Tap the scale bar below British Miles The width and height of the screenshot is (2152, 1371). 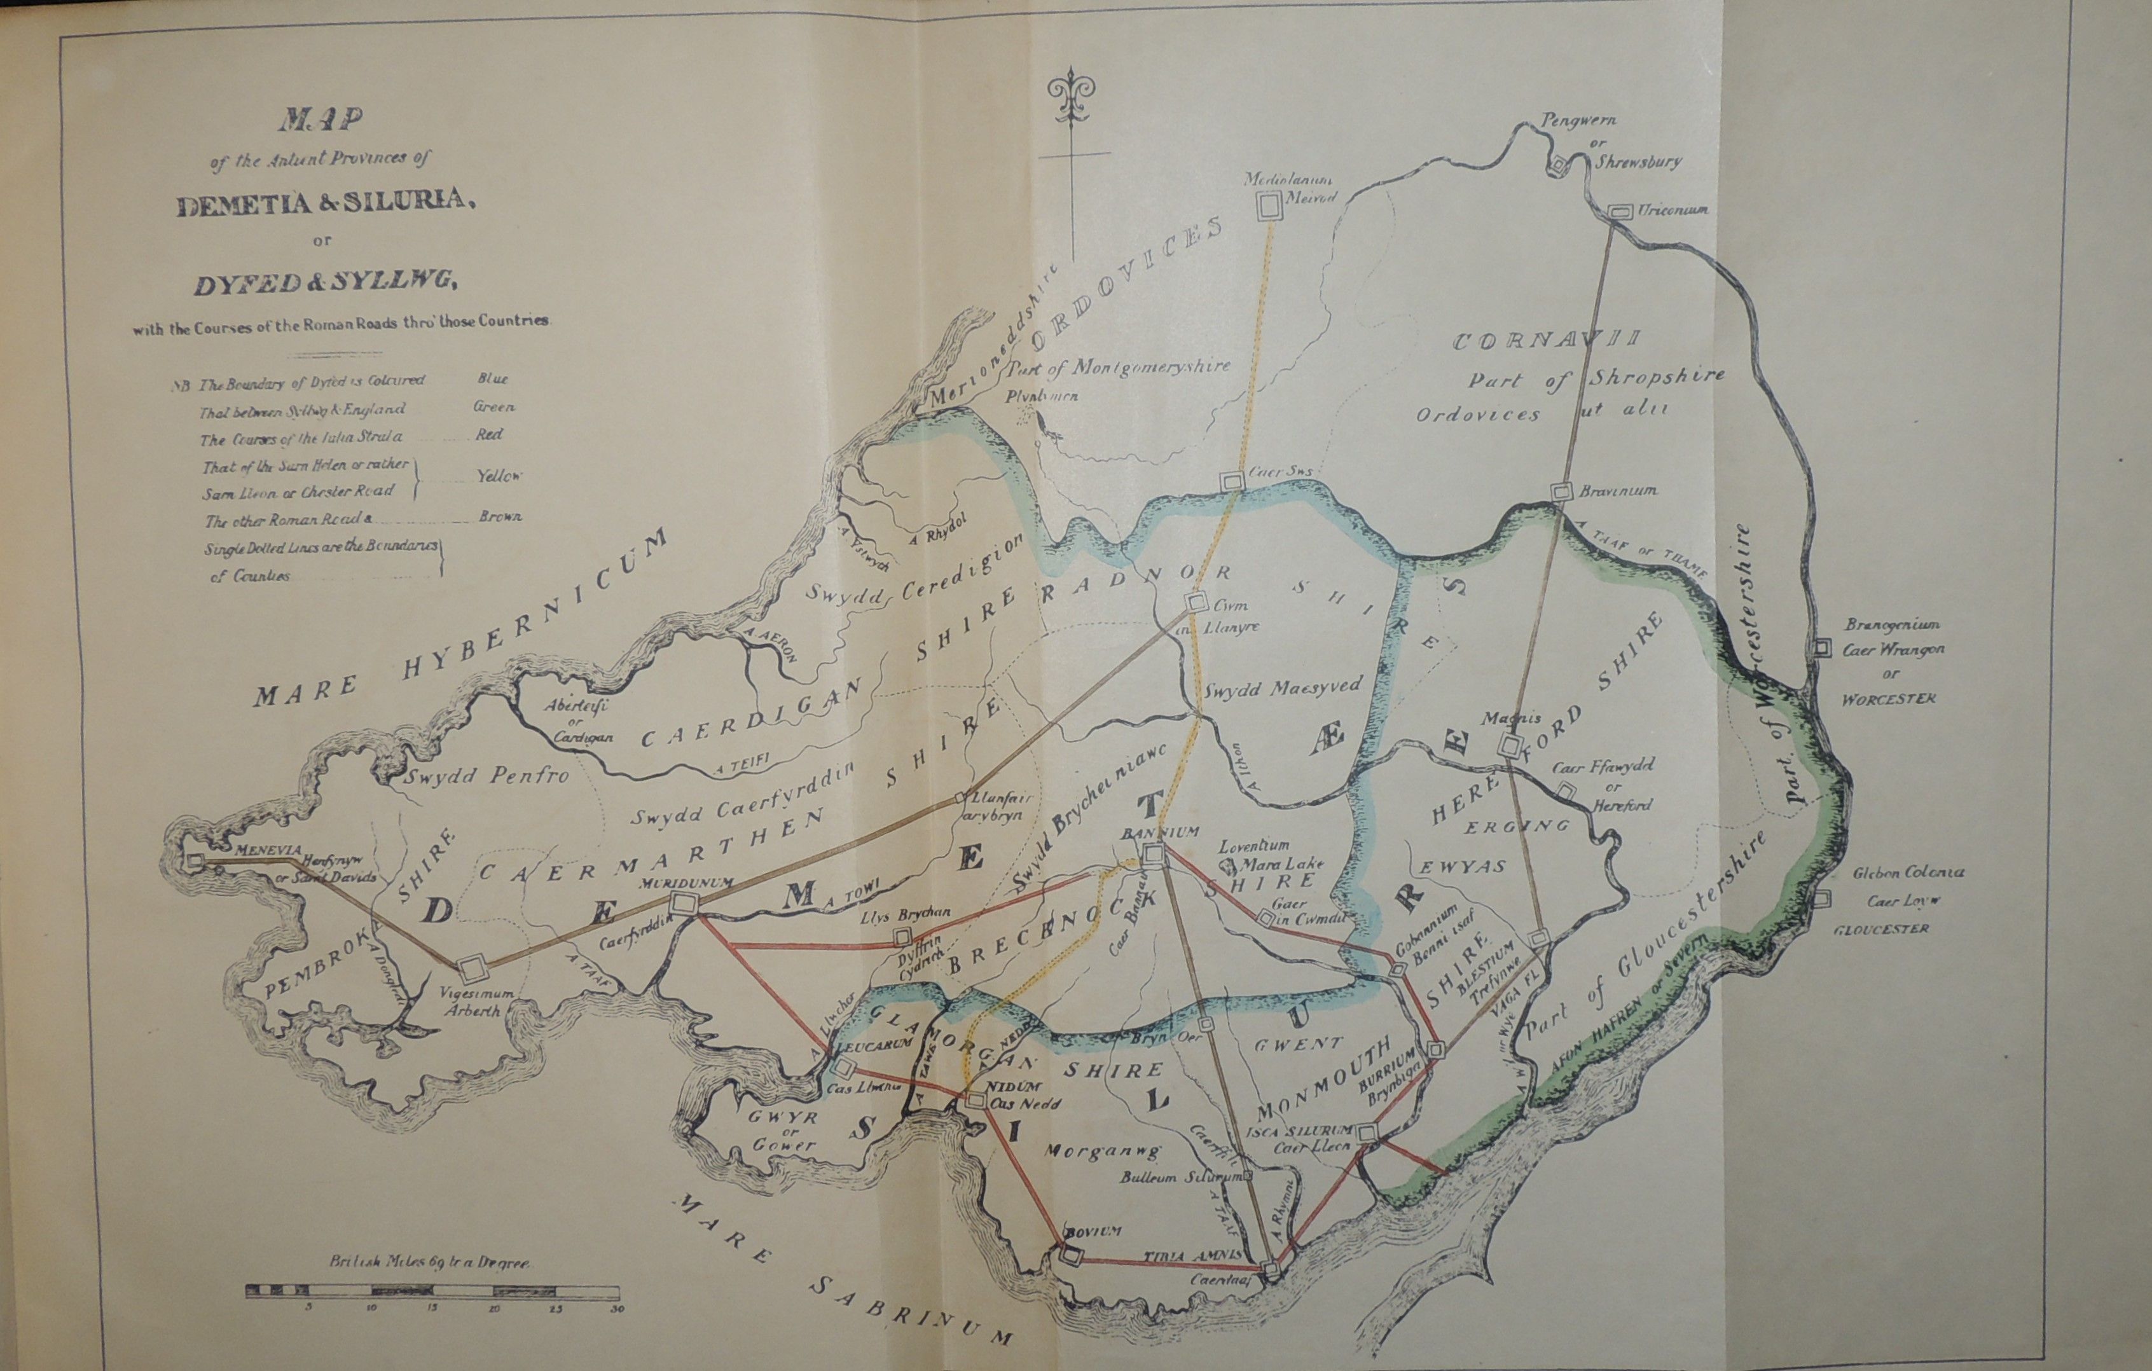tap(432, 1292)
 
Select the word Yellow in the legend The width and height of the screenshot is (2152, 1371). tap(498, 476)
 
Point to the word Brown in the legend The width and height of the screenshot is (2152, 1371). tap(500, 516)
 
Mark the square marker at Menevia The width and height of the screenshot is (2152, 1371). tap(196, 860)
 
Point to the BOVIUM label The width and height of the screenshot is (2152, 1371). tap(1091, 1232)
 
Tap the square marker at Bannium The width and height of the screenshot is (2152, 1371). tap(1153, 856)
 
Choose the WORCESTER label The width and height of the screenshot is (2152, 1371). tap(1888, 698)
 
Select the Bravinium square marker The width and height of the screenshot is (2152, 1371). tap(1561, 492)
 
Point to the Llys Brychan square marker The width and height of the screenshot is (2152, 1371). tap(902, 937)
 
